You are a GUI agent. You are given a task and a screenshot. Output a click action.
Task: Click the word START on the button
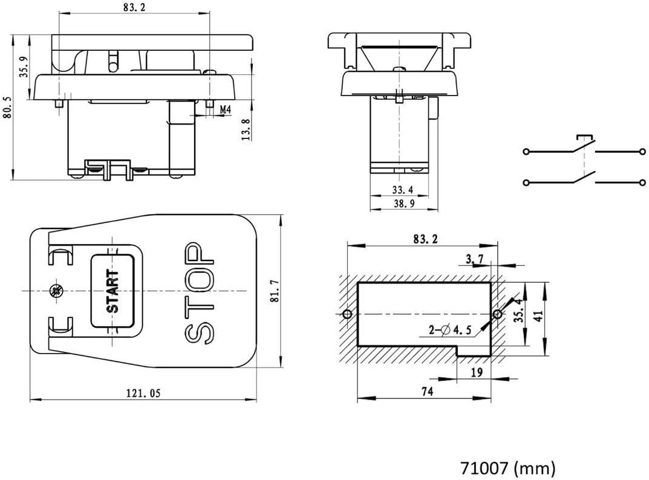[x=113, y=291]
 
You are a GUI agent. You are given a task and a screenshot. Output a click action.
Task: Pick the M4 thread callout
[x=224, y=109]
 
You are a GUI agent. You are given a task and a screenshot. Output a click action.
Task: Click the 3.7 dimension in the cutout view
[x=474, y=259]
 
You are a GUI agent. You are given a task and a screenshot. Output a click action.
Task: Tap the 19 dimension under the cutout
[x=476, y=373]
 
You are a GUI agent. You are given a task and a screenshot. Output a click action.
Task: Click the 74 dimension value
[x=426, y=392]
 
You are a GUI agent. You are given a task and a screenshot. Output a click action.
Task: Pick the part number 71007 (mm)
[x=507, y=468]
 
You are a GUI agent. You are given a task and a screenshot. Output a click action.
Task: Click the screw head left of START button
[x=56, y=291]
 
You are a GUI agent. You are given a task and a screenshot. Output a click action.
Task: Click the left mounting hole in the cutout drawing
[x=347, y=314]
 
